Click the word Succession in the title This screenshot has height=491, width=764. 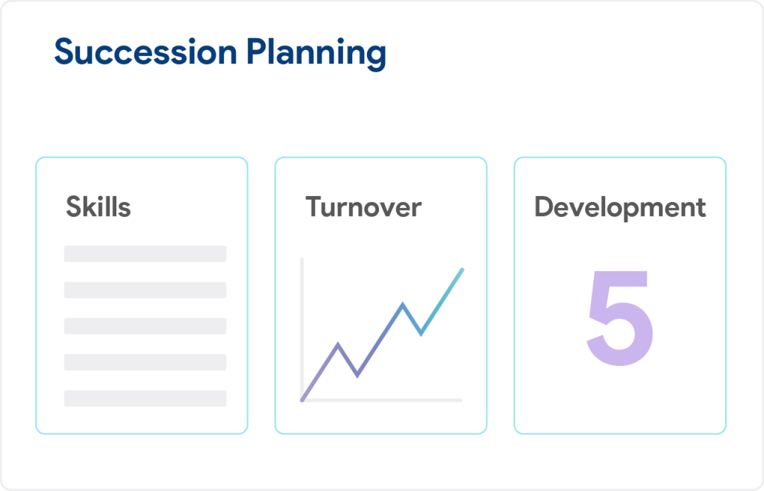pyautogui.click(x=145, y=51)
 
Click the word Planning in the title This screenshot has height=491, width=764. pyautogui.click(x=316, y=54)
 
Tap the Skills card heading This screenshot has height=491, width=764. pyautogui.click(x=98, y=206)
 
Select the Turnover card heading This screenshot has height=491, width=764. pyautogui.click(x=363, y=207)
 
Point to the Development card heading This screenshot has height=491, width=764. pyautogui.click(x=620, y=208)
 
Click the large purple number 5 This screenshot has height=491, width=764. pyautogui.click(x=619, y=317)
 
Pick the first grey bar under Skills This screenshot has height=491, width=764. pyautogui.click(x=145, y=254)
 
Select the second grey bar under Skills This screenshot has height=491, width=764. pyautogui.click(x=145, y=290)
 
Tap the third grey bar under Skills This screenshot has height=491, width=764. pyautogui.click(x=145, y=326)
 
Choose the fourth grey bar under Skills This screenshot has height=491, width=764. pyautogui.click(x=145, y=362)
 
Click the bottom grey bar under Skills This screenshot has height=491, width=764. pyautogui.click(x=145, y=398)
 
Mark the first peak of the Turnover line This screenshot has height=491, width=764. pyautogui.click(x=338, y=344)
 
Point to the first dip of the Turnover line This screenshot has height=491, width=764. pyautogui.click(x=357, y=376)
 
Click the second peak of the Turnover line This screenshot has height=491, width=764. pyautogui.click(x=402, y=304)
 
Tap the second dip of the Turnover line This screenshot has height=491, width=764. pyautogui.click(x=421, y=334)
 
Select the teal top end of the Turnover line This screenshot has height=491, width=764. pyautogui.click(x=462, y=270)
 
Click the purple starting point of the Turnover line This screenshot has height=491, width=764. pyautogui.click(x=303, y=400)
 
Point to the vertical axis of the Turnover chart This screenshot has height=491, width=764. pyautogui.click(x=302, y=329)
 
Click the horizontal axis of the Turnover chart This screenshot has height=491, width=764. pyautogui.click(x=381, y=400)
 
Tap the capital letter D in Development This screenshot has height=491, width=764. pyautogui.click(x=544, y=207)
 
